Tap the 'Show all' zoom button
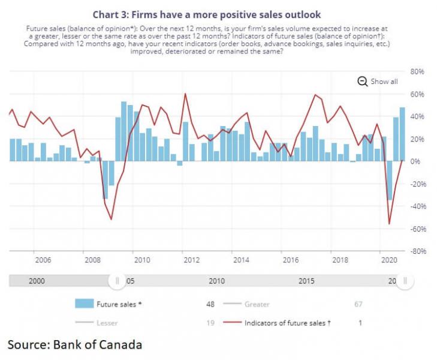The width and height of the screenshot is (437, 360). click(378, 82)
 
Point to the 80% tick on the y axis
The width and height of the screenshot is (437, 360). click(417, 71)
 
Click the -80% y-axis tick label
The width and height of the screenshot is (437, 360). click(417, 251)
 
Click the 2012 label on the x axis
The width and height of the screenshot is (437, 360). click(191, 260)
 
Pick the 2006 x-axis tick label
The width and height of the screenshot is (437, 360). click(43, 260)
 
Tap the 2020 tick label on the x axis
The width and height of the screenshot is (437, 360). click(390, 260)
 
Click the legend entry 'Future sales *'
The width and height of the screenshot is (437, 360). click(119, 304)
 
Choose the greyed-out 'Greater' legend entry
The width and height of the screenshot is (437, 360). click(257, 304)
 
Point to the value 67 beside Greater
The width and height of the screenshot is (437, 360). click(358, 304)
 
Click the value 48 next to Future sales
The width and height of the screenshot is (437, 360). click(210, 304)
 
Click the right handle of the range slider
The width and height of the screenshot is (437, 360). click(405, 280)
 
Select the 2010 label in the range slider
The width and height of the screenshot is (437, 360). click(216, 281)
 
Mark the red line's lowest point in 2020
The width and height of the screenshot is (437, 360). click(389, 224)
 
